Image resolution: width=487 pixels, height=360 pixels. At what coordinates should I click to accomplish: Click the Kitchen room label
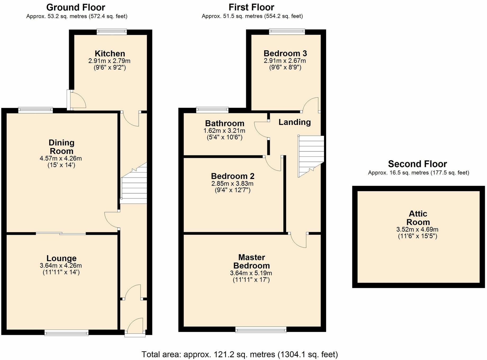[110, 53]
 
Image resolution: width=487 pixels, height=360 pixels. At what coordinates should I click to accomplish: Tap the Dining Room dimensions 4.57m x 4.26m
[61, 159]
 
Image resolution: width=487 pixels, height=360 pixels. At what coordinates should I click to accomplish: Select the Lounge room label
[61, 258]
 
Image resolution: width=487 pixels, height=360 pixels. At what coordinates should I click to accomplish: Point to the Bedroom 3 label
[285, 53]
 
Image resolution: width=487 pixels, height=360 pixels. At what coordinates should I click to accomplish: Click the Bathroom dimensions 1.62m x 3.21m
[224, 131]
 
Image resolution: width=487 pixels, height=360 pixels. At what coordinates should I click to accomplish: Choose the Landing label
[294, 122]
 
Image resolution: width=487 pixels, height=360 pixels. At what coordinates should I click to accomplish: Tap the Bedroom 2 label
[233, 176]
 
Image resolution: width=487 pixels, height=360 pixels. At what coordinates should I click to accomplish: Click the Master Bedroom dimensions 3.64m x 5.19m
[251, 273]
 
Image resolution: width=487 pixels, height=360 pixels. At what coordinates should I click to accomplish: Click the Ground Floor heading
[76, 7]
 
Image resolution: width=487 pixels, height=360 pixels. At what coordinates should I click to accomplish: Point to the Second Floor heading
[417, 164]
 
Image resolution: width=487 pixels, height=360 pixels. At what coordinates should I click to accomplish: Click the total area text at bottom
[240, 354]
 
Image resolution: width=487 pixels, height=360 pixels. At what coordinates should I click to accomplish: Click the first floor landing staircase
[311, 155]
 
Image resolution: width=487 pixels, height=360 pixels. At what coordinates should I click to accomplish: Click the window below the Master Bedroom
[261, 330]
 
